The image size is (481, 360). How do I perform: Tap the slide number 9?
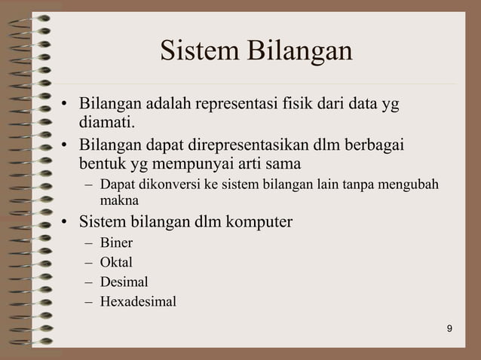(449, 328)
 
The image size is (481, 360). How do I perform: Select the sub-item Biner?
(116, 243)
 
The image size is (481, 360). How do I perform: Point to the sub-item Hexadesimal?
(138, 302)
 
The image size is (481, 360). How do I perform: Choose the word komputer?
(256, 223)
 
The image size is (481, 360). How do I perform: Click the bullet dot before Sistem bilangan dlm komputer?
(66, 223)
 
